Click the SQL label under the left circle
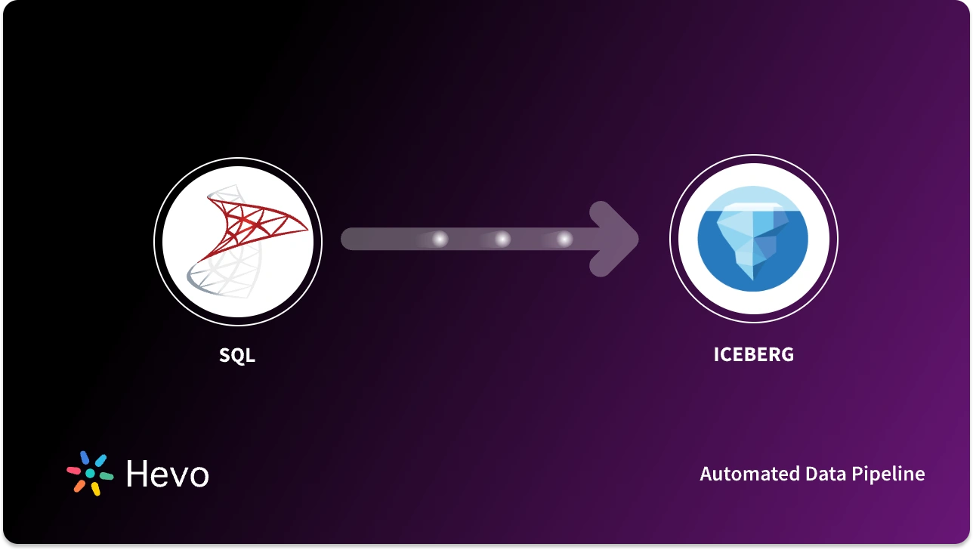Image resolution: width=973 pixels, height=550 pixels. [x=237, y=354]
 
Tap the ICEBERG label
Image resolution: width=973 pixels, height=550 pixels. [x=753, y=354]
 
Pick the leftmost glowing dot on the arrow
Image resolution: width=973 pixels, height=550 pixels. [x=439, y=239]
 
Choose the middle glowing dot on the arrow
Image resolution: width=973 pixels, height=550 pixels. [x=502, y=239]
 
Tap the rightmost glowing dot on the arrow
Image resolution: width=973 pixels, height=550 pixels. [x=564, y=239]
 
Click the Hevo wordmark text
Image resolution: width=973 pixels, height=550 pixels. [x=167, y=474]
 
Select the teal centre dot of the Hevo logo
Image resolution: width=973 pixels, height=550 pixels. [x=90, y=474]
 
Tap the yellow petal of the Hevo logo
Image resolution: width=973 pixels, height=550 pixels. [x=96, y=489]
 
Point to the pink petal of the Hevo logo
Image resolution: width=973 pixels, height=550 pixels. [x=73, y=469]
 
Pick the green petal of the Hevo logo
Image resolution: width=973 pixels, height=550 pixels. [x=107, y=477]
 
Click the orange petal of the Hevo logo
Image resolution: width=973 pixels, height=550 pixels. [x=79, y=487]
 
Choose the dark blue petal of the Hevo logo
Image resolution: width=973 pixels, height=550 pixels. [x=84, y=457]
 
